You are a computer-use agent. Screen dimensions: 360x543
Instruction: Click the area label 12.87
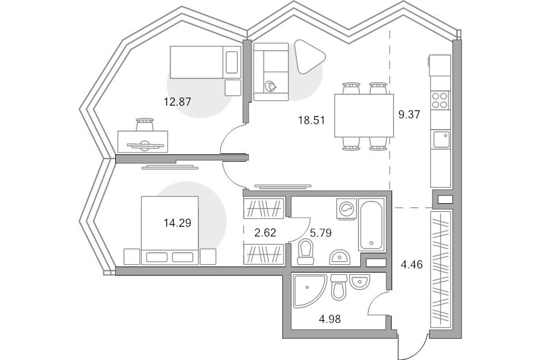[x=177, y=102]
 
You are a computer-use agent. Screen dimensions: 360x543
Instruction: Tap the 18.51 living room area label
[x=311, y=120]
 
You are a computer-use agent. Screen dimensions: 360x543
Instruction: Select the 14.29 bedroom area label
[x=177, y=223]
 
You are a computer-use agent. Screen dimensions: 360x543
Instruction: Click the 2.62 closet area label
[x=265, y=232]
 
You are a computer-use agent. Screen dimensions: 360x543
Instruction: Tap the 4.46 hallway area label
[x=412, y=263]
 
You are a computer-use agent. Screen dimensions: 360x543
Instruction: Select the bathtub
[x=371, y=224]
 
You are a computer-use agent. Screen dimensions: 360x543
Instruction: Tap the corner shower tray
[x=308, y=291]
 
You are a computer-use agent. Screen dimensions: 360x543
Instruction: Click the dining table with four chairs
[x=364, y=116]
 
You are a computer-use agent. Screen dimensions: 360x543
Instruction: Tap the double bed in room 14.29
[x=170, y=230]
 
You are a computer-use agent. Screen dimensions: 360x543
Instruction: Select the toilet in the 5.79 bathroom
[x=305, y=250]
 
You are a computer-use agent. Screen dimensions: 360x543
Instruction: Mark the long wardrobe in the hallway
[x=440, y=268]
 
